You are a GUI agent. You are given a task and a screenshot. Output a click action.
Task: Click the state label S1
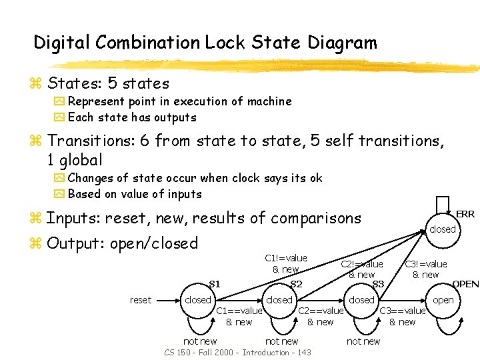[215, 283]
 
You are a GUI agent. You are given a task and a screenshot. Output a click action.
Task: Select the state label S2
[297, 284]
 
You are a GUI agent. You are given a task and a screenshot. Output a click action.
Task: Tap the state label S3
[378, 284]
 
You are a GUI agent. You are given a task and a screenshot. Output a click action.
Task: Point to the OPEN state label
[465, 284]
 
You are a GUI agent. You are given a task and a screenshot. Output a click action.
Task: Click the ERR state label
[465, 214]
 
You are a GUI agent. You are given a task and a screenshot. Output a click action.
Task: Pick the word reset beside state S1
[141, 300]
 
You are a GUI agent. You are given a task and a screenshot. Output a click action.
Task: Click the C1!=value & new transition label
[285, 263]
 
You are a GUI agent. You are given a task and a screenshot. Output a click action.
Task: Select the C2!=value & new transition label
[362, 269]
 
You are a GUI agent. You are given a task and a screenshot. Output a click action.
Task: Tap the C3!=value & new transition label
[426, 269]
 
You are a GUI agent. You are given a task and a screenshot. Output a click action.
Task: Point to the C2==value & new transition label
[321, 316]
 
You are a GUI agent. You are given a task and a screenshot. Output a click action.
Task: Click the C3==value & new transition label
[403, 316]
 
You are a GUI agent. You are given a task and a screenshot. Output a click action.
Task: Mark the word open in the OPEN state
[443, 300]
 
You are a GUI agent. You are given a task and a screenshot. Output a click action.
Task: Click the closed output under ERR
[442, 229]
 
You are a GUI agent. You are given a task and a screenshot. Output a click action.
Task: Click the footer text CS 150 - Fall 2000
[201, 352]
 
